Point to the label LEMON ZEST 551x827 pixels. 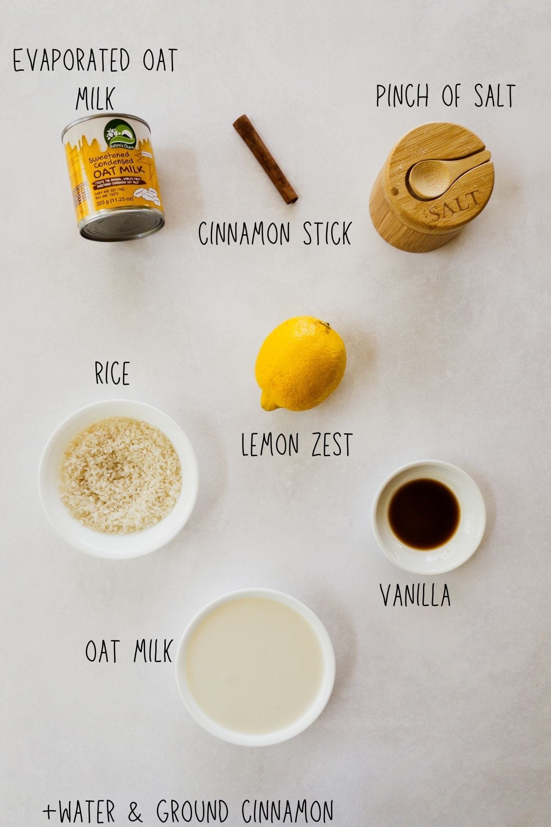click(296, 445)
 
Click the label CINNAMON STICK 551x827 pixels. click(275, 233)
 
